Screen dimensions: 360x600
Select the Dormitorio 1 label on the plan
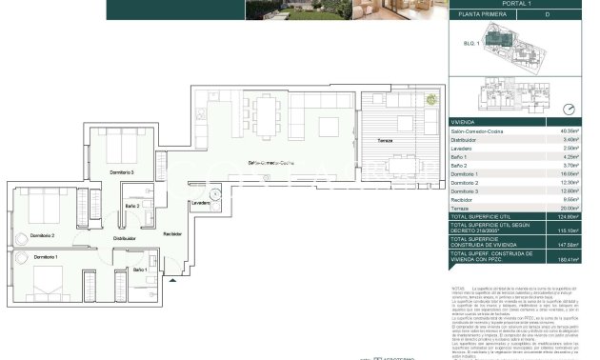pyautogui.click(x=44, y=258)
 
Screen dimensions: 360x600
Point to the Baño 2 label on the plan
pyautogui.click(x=132, y=207)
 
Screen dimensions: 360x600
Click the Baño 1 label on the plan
pyautogui.click(x=140, y=271)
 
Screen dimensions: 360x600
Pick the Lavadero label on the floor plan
pyautogui.click(x=200, y=203)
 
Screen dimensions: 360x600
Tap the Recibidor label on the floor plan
pyautogui.click(x=172, y=233)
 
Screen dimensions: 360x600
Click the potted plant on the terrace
pyautogui.click(x=431, y=98)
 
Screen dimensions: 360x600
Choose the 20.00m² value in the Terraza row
pyautogui.click(x=568, y=207)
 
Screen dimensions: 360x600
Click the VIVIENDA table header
pyautogui.click(x=465, y=121)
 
